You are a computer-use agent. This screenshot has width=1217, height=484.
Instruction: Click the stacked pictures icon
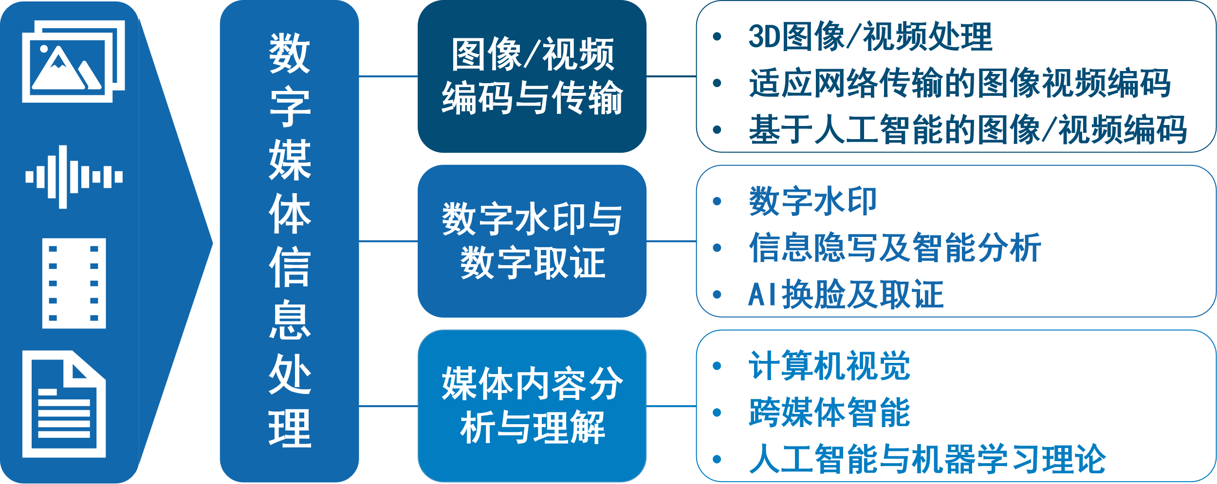click(73, 61)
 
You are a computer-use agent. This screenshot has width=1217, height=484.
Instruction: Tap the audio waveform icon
click(74, 177)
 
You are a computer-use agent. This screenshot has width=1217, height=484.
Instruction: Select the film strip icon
click(74, 283)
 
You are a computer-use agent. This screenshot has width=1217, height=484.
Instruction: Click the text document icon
click(64, 404)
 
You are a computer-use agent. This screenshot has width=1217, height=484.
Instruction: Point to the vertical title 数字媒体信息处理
click(290, 241)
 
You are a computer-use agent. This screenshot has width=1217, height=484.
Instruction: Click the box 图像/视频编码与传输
click(532, 76)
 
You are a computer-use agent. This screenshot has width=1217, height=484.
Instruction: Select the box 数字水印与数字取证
click(532, 241)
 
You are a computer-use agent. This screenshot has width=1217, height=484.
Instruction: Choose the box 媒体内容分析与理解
click(532, 406)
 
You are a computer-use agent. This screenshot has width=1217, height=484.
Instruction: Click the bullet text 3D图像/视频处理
click(870, 36)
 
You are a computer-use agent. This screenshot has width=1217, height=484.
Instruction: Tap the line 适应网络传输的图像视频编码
click(959, 83)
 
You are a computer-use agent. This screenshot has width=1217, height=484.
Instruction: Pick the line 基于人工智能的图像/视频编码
click(967, 130)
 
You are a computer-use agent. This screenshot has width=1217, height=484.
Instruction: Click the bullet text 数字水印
click(812, 201)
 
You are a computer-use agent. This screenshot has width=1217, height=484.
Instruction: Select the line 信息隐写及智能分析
click(894, 248)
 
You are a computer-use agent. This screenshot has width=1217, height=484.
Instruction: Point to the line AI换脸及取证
click(846, 294)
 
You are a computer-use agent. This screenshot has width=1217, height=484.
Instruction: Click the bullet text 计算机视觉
click(829, 366)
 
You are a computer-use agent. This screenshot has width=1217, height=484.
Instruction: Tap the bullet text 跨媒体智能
click(829, 412)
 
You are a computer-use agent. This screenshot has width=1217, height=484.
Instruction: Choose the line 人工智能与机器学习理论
click(927, 459)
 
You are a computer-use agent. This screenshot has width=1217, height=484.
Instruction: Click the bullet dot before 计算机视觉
click(717, 366)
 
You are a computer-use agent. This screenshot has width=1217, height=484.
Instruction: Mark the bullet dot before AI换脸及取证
click(717, 295)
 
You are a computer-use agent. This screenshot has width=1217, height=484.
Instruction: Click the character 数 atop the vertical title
click(290, 54)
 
